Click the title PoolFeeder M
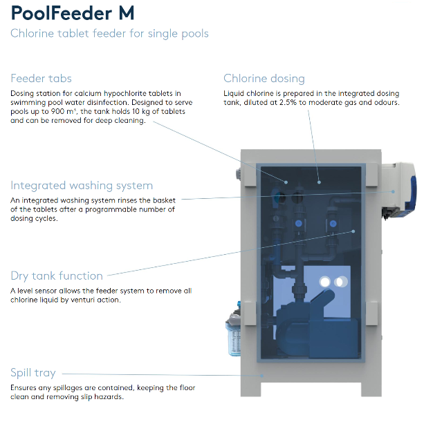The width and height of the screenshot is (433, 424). [73, 13]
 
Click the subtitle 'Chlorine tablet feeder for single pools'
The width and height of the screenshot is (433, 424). [109, 34]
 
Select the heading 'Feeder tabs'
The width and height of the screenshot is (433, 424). [41, 78]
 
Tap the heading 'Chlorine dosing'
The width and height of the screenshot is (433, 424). [264, 78]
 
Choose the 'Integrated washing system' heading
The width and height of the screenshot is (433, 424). [82, 185]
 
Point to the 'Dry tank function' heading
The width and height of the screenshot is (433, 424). [57, 276]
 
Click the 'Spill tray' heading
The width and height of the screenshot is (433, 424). [33, 372]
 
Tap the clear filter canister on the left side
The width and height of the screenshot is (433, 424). [234, 338]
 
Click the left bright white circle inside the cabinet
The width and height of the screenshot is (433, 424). [324, 282]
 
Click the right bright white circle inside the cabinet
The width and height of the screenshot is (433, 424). [339, 282]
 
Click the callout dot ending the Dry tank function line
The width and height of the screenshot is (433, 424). [353, 231]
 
